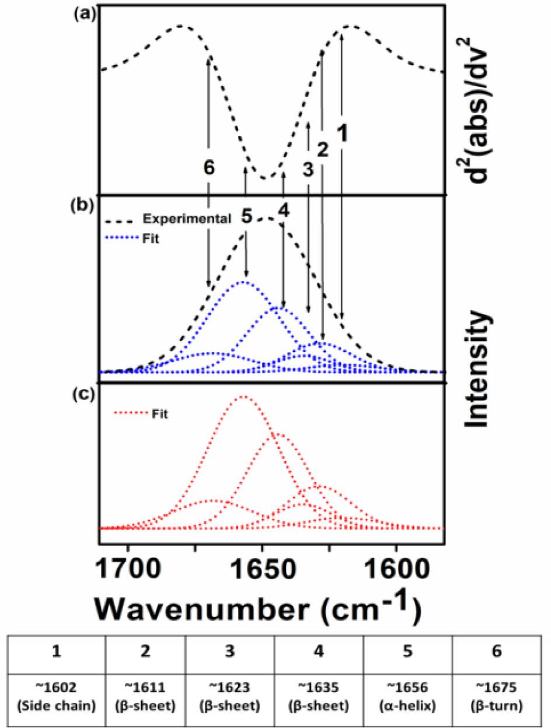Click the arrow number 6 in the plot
[209, 168]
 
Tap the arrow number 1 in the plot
[343, 134]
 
